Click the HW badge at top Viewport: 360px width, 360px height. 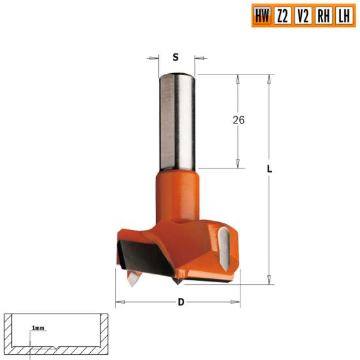(261, 16)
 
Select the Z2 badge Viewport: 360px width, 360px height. (282, 16)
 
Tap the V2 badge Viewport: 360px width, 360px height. (303, 16)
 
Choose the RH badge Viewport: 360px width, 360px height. (323, 16)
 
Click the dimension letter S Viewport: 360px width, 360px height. (175, 57)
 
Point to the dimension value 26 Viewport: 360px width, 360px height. (238, 120)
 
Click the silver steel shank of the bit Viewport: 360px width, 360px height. (175, 121)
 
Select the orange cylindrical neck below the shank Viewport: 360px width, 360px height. (176, 196)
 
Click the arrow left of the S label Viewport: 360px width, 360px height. (153, 57)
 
